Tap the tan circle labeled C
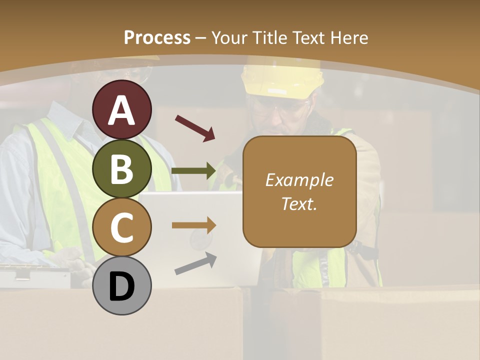click(x=122, y=227)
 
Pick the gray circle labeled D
click(x=122, y=285)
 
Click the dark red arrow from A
click(x=195, y=128)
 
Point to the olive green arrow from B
click(x=194, y=171)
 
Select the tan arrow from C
click(x=194, y=225)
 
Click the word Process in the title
click(x=157, y=38)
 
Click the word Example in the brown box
click(x=299, y=180)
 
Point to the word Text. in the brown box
click(x=299, y=204)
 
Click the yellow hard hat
click(x=282, y=80)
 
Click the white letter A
click(x=122, y=110)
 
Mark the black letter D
click(x=122, y=287)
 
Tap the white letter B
click(x=122, y=169)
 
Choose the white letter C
click(x=122, y=228)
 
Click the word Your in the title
click(x=229, y=38)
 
